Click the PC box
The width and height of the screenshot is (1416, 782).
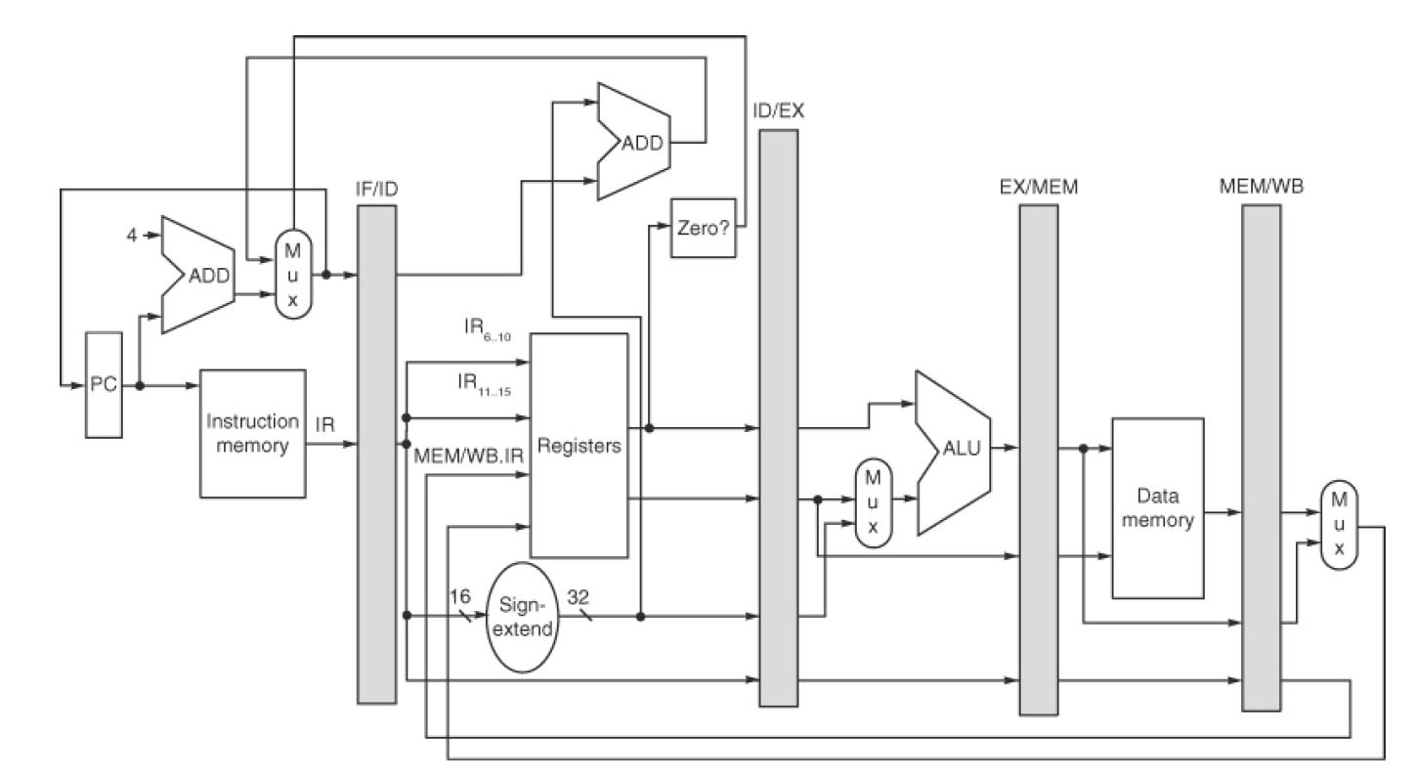105,384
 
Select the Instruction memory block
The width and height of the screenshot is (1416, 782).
252,433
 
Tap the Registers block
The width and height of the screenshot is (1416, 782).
578,446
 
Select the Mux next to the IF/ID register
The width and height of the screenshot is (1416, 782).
290,273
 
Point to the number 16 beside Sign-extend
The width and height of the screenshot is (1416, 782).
459,594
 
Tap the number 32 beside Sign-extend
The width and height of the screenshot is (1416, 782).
579,594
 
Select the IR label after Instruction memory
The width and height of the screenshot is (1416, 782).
325,427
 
